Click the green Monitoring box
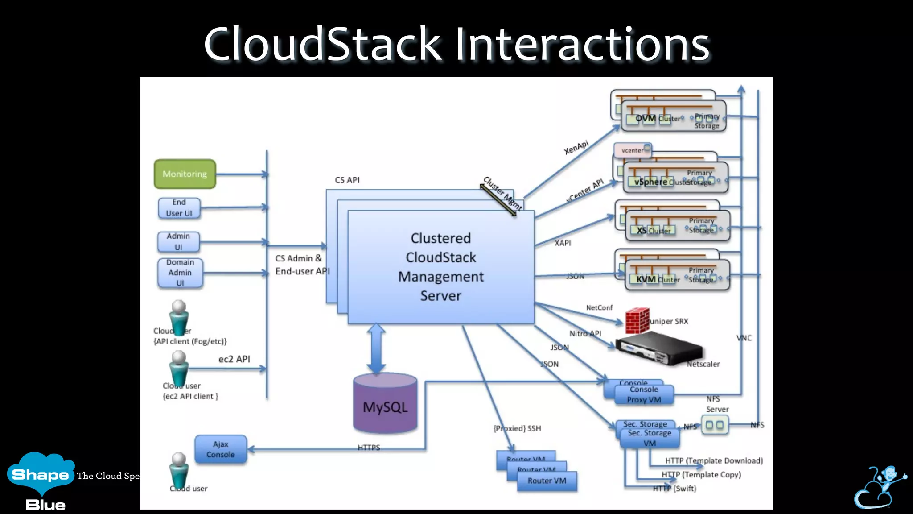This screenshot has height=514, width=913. pyautogui.click(x=185, y=174)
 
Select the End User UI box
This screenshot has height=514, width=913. pyautogui.click(x=179, y=208)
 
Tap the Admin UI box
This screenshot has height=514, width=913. pyautogui.click(x=178, y=242)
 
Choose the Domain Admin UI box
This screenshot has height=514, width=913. pyautogui.click(x=180, y=273)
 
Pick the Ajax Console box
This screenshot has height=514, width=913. pyautogui.click(x=220, y=449)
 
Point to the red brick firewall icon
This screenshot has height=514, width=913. pyautogui.click(x=637, y=321)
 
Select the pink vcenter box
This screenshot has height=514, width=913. pyautogui.click(x=632, y=150)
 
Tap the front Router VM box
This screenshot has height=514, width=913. pyautogui.click(x=547, y=481)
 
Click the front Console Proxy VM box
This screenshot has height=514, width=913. pyautogui.click(x=644, y=395)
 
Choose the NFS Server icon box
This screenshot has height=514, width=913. pyautogui.click(x=715, y=425)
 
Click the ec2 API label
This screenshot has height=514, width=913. pyautogui.click(x=234, y=359)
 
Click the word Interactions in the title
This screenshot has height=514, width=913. pyautogui.click(x=581, y=44)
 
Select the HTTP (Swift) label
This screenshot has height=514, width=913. pyautogui.click(x=674, y=489)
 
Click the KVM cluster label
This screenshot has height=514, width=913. pyautogui.click(x=646, y=279)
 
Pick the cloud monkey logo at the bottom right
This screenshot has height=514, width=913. pyautogui.click(x=879, y=487)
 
